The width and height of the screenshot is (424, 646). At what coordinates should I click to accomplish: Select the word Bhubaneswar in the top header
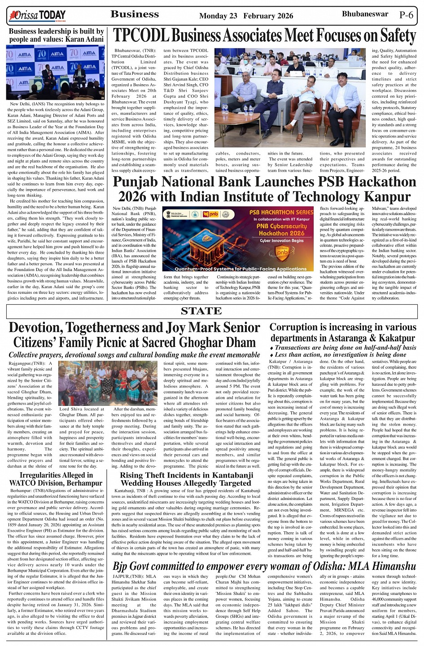[365, 14]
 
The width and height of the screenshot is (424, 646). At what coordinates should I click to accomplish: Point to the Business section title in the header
[135, 14]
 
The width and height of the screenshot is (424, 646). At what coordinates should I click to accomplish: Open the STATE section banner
[201, 311]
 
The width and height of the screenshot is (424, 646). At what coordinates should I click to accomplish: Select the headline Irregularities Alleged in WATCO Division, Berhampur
[56, 479]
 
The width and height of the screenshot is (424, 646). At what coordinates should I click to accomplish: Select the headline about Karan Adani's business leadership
[56, 35]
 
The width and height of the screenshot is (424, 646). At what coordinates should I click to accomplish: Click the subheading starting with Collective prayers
[134, 355]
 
